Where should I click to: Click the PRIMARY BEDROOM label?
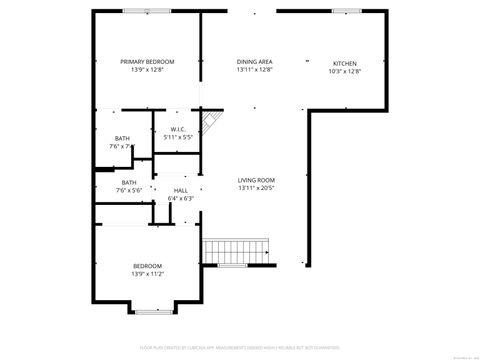tap(148, 61)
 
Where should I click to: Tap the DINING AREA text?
tap(255, 61)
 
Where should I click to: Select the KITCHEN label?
tap(344, 63)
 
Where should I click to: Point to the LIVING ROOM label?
tap(256, 180)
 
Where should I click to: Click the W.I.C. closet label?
tap(178, 129)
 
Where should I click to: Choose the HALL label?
tap(180, 190)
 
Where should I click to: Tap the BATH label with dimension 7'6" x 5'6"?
tap(129, 182)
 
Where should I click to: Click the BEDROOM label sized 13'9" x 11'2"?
tap(148, 266)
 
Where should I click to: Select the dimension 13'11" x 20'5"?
tap(256, 188)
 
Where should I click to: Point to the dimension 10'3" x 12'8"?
tap(344, 71)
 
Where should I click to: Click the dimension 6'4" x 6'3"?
tap(180, 198)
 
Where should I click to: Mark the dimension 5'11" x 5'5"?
tap(178, 137)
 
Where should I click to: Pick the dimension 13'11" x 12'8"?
tap(255, 70)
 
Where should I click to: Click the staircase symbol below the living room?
tap(238, 250)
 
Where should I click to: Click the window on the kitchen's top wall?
tap(347, 11)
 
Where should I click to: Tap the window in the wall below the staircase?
tap(232, 265)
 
